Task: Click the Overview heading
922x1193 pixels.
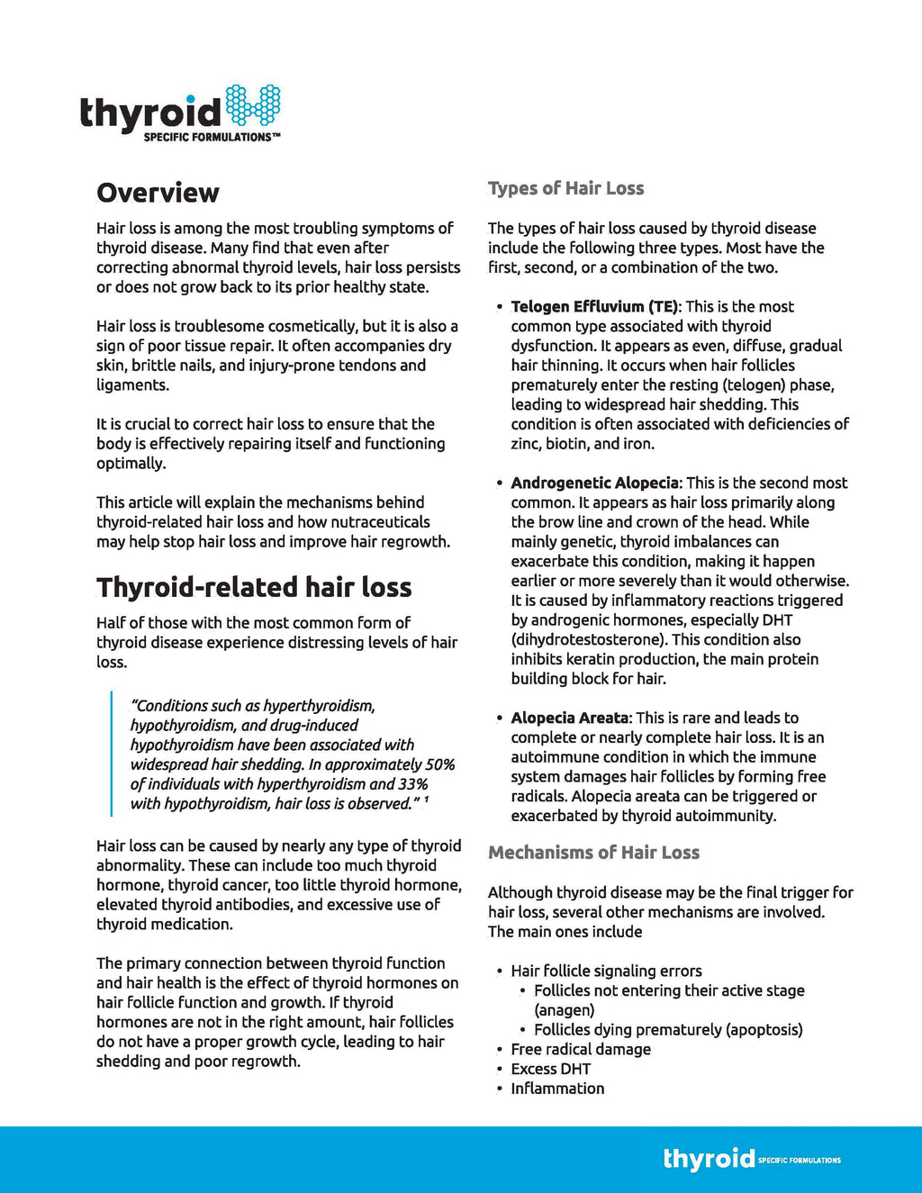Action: tap(158, 193)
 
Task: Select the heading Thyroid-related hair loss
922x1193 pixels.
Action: tap(254, 587)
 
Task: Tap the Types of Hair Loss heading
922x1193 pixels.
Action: tap(565, 188)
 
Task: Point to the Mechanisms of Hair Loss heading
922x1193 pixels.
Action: tap(593, 853)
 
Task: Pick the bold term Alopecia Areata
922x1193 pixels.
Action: tap(570, 718)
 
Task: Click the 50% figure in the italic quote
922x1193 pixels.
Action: tap(440, 764)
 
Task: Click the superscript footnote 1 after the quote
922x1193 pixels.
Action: tap(426, 800)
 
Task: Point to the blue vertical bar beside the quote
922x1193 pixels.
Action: tap(112, 755)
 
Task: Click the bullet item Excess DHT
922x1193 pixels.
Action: tap(550, 1069)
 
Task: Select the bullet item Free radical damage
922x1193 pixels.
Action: tap(581, 1049)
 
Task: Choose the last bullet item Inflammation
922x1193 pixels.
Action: tap(557, 1089)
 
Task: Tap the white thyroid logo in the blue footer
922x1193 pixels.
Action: tap(709, 1159)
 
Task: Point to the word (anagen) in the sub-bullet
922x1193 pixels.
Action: tap(565, 1010)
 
